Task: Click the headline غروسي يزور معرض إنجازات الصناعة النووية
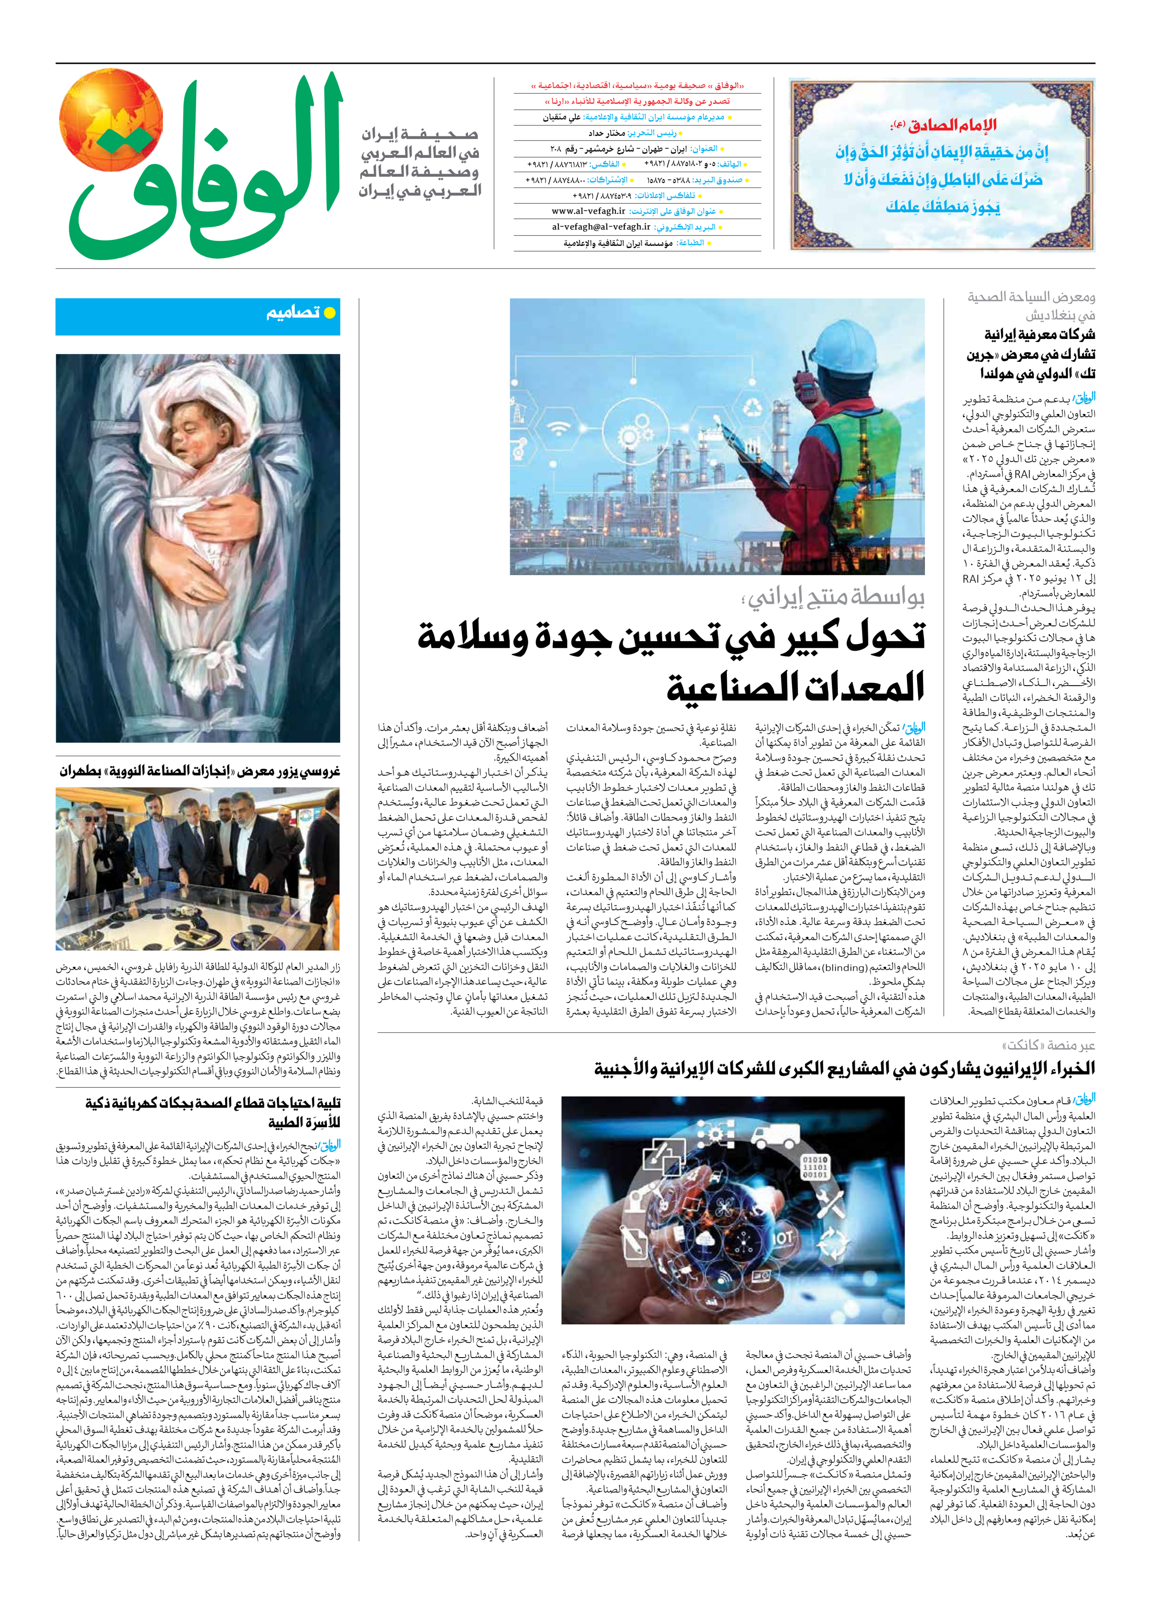[199, 771]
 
